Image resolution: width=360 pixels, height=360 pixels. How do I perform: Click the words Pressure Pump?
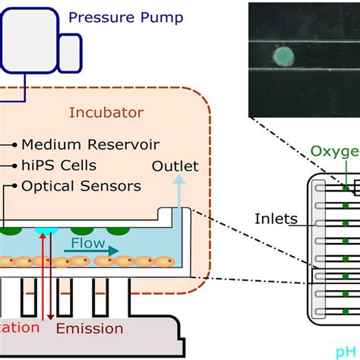coord(125,17)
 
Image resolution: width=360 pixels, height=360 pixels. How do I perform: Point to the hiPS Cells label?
coord(59,165)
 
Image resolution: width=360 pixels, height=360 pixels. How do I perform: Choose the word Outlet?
coord(175,166)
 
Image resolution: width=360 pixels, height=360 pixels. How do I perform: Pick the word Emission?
coord(90,329)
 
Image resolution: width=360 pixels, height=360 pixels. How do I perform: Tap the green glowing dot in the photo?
coord(283,56)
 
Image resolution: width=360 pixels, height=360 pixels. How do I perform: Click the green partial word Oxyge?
coord(335,151)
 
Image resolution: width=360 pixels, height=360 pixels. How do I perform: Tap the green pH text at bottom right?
coord(349,352)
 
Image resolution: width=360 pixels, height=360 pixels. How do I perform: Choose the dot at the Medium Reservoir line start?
coord(14,144)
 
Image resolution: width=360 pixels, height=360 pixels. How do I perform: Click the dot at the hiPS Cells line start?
coord(14,165)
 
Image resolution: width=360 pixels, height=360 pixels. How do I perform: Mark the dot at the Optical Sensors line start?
coord(14,185)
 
